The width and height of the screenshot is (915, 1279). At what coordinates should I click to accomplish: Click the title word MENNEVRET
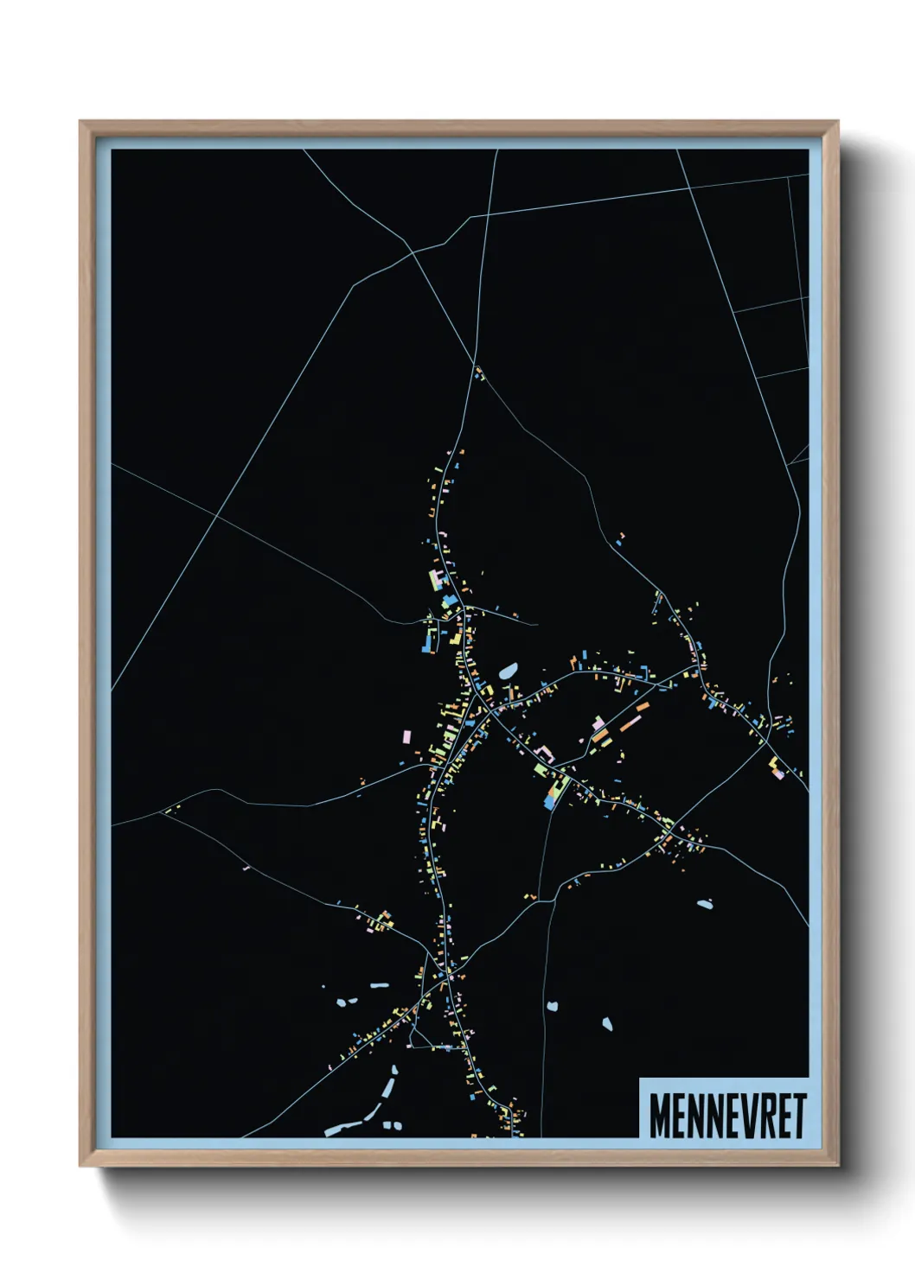coord(727,1116)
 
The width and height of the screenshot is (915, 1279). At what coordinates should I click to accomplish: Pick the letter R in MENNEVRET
coord(765,1116)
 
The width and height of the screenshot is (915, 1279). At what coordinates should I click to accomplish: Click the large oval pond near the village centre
coord(508,671)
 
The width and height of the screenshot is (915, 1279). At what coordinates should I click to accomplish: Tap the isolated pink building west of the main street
coord(406,737)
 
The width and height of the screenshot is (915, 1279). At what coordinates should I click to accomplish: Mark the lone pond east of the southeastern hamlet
coord(705,905)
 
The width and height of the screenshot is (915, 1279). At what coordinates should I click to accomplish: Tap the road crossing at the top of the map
coord(488,214)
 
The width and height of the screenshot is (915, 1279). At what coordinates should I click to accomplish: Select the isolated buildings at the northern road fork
coord(478,373)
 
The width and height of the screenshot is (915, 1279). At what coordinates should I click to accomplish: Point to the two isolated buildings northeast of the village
coord(620,539)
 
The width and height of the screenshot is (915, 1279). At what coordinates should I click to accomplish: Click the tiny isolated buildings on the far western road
coord(170,810)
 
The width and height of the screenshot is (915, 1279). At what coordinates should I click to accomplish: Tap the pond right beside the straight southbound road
coord(552,1007)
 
